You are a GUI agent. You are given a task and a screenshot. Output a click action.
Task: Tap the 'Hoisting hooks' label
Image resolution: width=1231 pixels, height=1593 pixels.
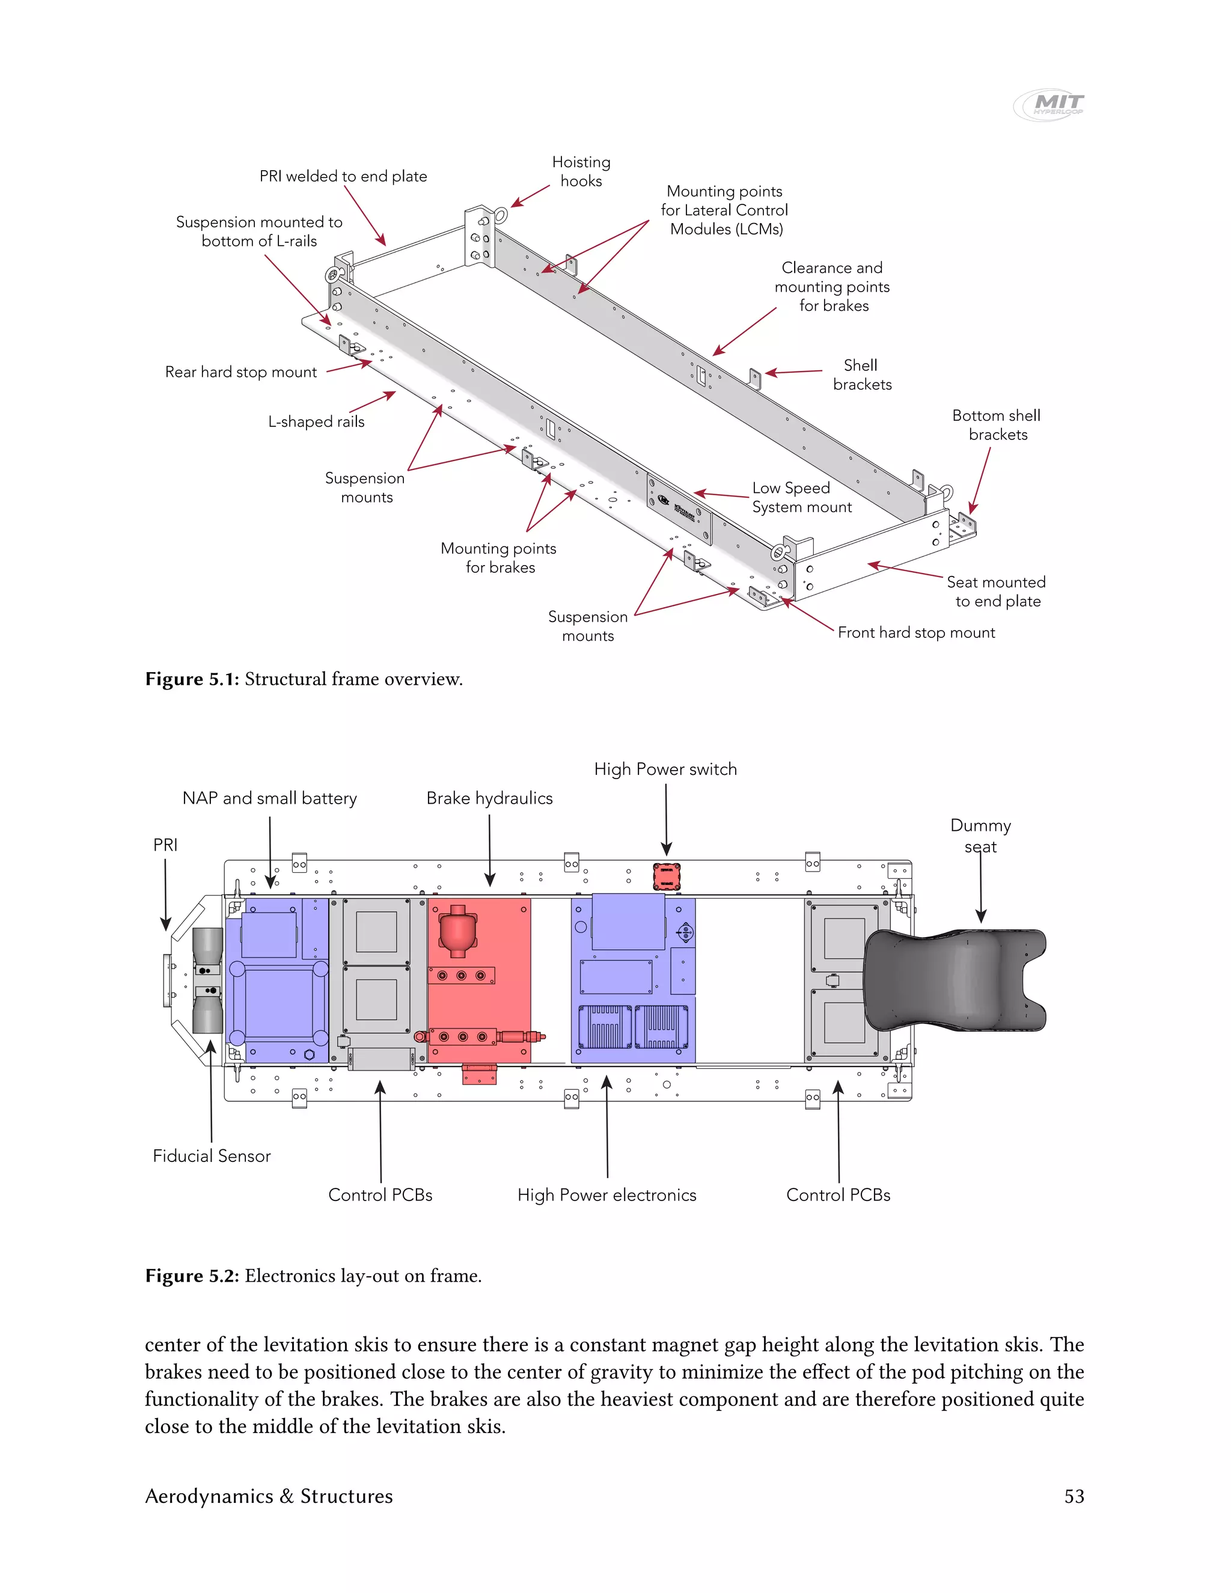point(581,171)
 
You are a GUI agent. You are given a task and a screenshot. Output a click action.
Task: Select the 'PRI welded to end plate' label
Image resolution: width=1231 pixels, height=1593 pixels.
point(343,177)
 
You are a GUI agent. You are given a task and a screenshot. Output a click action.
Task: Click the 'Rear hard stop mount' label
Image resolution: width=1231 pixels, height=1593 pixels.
point(240,372)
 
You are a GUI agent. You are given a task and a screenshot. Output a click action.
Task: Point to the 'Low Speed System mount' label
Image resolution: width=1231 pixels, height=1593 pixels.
point(801,498)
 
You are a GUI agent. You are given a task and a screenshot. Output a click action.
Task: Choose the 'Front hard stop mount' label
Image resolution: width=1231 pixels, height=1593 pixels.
point(916,633)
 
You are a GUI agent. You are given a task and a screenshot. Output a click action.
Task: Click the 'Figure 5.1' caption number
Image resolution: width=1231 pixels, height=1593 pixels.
point(192,680)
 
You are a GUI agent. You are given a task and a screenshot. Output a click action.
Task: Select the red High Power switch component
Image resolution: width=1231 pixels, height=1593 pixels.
point(666,876)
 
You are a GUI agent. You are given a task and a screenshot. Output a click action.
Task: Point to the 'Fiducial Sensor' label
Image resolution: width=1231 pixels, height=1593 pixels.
point(212,1156)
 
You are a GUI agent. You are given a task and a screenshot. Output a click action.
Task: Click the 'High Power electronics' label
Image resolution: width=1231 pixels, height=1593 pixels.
point(606,1196)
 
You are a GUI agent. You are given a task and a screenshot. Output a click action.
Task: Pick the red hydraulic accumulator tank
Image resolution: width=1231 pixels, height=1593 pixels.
point(457,931)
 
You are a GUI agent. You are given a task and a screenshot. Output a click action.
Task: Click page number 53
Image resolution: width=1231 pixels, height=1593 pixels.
point(1074,1497)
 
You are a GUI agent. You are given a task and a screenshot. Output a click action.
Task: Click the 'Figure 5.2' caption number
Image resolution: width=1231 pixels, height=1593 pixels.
point(192,1276)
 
